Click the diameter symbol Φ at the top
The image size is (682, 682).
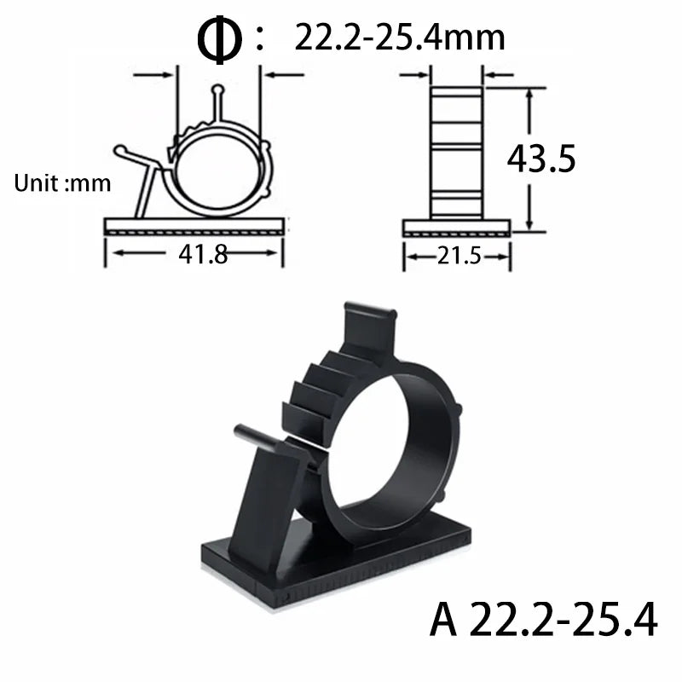click(x=219, y=38)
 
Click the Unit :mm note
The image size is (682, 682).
click(x=62, y=183)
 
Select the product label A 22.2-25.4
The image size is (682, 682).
click(x=544, y=619)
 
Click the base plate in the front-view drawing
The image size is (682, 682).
click(x=194, y=226)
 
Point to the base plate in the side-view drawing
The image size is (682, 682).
click(x=456, y=227)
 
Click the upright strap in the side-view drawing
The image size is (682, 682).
click(x=456, y=153)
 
